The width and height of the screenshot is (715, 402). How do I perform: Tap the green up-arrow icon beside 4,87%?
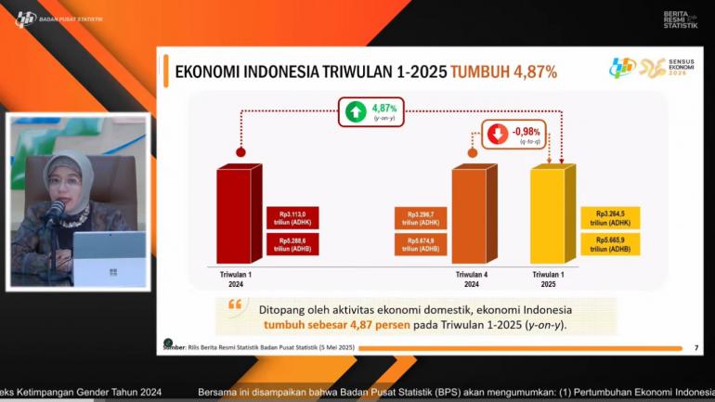(x=355, y=112)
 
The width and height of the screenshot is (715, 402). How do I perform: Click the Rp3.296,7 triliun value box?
(x=418, y=217)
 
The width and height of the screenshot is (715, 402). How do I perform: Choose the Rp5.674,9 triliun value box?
(x=418, y=244)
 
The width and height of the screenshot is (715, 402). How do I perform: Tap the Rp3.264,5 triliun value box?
(x=609, y=217)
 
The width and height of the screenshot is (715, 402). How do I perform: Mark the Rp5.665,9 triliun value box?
(x=609, y=244)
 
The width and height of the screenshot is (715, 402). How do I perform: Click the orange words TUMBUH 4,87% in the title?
(x=503, y=71)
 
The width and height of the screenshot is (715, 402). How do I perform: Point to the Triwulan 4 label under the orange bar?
(x=472, y=276)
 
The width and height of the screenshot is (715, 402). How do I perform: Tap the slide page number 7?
(x=695, y=347)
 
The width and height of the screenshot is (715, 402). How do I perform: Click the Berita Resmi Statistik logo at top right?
(x=680, y=19)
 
